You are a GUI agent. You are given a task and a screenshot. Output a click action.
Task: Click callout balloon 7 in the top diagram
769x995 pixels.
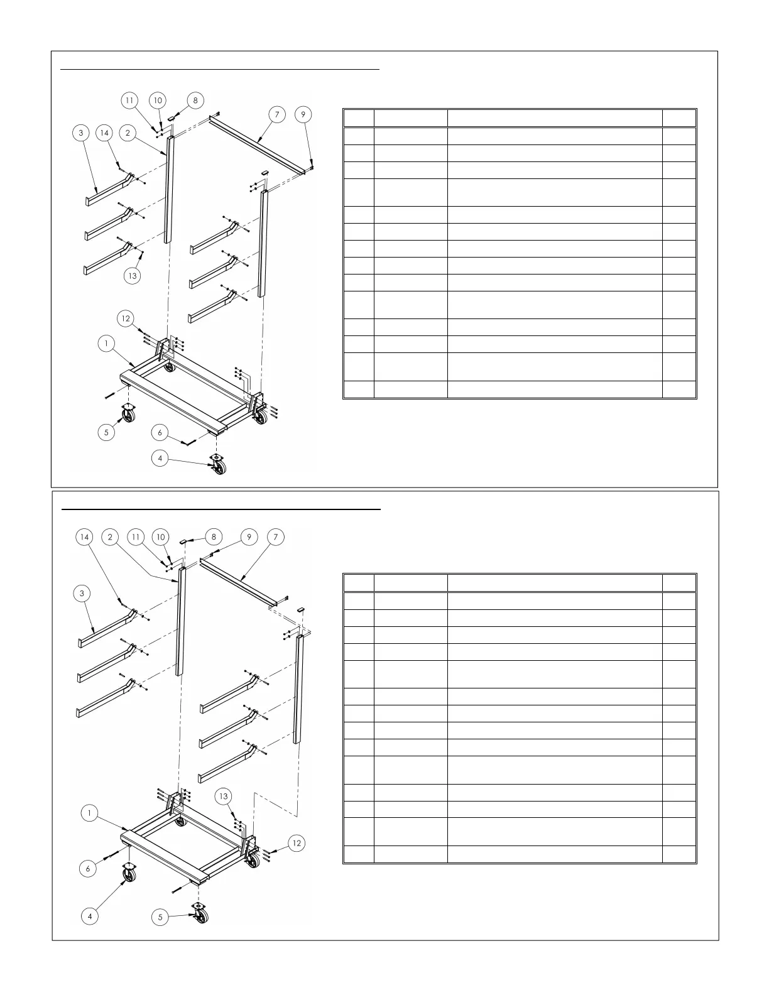point(276,114)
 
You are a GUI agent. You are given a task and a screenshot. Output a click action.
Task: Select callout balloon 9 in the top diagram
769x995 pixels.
point(303,114)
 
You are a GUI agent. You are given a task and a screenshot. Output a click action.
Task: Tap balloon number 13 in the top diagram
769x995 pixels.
point(132,276)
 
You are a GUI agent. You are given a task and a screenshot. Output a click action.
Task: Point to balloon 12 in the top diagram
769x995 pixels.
point(126,318)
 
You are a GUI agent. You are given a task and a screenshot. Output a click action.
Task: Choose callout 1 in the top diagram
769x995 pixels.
point(107,344)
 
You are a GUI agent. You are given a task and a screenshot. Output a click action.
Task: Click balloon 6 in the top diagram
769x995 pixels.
point(160,432)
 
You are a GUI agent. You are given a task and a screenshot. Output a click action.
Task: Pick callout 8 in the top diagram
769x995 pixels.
point(195,100)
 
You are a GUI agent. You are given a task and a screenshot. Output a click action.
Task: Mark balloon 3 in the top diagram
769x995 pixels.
point(81,133)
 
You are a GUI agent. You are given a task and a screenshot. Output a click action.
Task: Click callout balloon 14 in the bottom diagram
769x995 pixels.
point(85,536)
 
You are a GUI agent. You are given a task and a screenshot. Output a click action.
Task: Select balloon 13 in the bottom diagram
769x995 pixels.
point(224,797)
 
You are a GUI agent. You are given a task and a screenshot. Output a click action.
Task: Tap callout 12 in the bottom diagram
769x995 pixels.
point(297,843)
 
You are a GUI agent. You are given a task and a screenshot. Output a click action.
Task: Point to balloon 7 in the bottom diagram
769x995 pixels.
point(275,536)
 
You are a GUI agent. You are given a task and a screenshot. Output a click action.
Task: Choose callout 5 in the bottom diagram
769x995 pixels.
point(160,917)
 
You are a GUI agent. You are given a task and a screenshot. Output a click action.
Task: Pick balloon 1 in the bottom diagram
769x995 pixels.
point(90,813)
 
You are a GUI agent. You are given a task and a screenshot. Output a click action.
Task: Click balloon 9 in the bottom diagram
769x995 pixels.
point(249,536)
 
